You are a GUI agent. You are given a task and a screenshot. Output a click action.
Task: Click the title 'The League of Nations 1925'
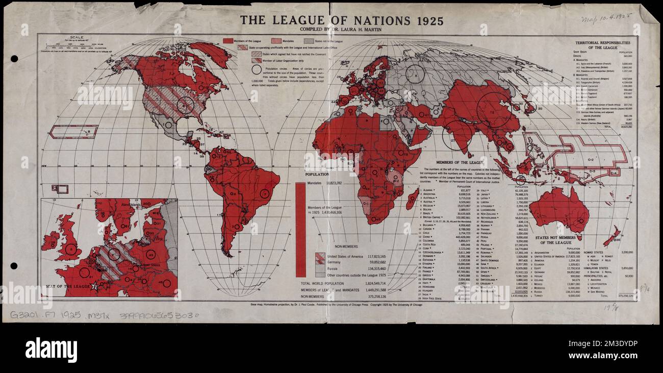tap(342, 21)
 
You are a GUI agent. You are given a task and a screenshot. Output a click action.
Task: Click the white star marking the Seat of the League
tap(94, 287)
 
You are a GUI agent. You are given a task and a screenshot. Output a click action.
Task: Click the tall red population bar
tap(301, 230)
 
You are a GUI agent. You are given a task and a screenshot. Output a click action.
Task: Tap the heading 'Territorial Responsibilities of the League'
tap(602, 46)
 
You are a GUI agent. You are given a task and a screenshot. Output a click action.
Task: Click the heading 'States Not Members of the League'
tap(559, 240)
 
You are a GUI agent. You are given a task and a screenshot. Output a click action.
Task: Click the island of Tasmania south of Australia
tap(579, 237)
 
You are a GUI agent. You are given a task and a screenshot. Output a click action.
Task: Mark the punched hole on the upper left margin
tap(14, 59)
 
